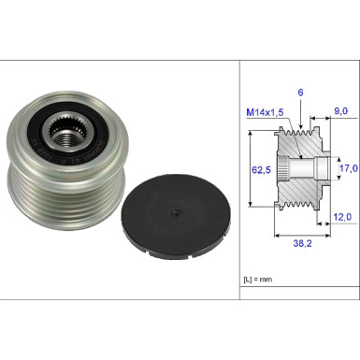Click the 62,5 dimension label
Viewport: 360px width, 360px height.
coord(261,170)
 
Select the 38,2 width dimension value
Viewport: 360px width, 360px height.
coord(302,243)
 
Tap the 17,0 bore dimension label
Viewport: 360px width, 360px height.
coord(349,168)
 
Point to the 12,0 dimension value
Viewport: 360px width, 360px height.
coord(342,217)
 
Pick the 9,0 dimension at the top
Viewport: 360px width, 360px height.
coord(340,110)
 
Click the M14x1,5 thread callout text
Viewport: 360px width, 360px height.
coord(265,112)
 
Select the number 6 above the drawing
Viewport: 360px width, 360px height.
coord(300,93)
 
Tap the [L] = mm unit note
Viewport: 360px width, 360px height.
coord(258,280)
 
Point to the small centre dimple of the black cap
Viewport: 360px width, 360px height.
coord(176,213)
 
